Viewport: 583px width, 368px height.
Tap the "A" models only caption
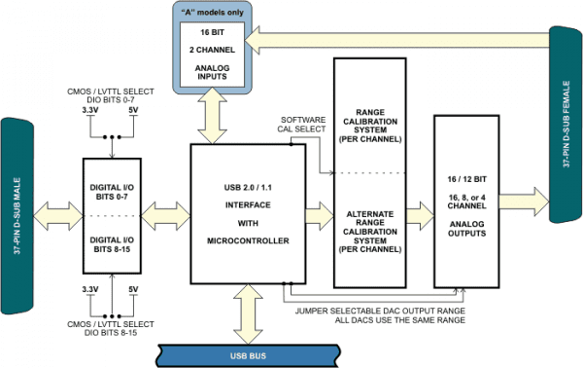212,11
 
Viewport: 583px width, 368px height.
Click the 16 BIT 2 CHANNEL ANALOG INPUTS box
212,55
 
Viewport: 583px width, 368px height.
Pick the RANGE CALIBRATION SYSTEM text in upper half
367,125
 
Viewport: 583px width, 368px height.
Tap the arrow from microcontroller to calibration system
319,212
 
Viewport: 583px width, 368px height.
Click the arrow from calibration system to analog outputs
418,212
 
